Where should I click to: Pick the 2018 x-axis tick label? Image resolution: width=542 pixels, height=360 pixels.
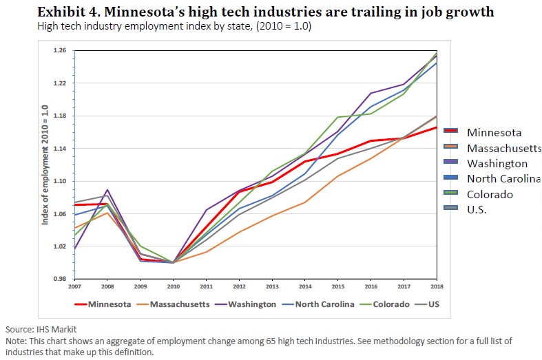click(x=435, y=286)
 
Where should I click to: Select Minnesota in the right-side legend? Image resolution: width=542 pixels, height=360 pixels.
click(x=494, y=132)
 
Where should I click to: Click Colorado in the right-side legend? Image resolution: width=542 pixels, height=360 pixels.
click(x=490, y=195)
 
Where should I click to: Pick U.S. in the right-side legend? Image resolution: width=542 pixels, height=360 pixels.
click(x=477, y=210)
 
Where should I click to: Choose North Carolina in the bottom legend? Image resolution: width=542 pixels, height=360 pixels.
click(x=326, y=304)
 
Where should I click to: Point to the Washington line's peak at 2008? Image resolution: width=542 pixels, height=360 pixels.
click(x=107, y=189)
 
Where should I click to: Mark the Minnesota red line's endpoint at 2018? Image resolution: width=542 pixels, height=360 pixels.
click(x=436, y=127)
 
